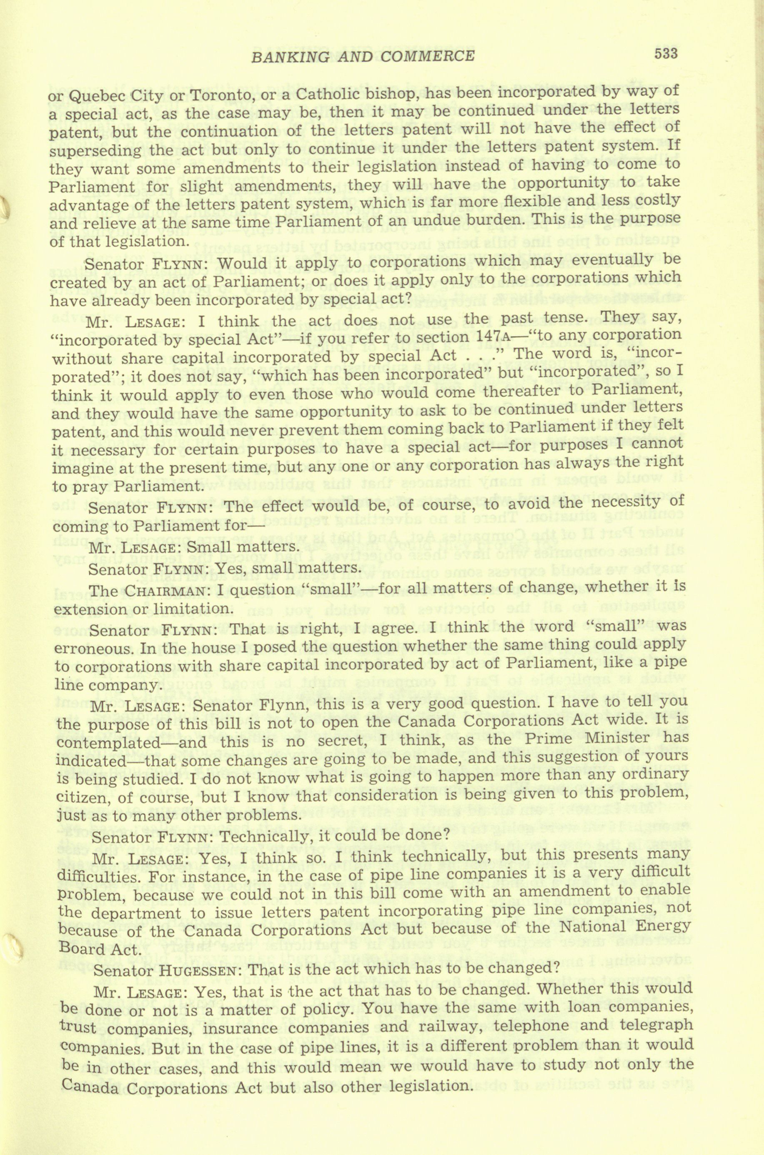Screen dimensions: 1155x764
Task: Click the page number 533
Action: coord(666,53)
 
